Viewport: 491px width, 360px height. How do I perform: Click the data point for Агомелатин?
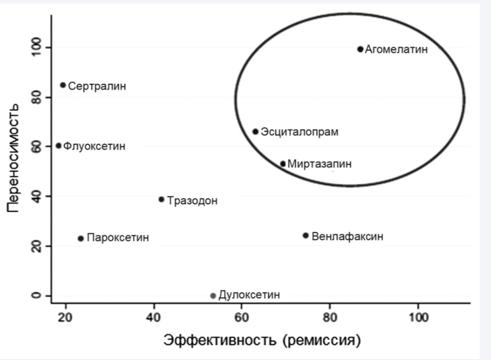[x=360, y=49]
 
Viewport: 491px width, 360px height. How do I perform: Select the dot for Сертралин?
[x=63, y=85]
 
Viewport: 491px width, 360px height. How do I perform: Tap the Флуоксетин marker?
[x=58, y=146]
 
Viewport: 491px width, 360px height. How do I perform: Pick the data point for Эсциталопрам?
[x=255, y=132]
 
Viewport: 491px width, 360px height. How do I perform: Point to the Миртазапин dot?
[x=283, y=164]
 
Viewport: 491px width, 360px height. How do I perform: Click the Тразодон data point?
[x=161, y=199]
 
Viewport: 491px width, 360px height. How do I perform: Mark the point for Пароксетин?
[x=81, y=238]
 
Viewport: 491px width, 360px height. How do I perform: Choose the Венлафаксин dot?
[x=306, y=236]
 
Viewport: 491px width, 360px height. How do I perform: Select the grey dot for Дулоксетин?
[x=212, y=295]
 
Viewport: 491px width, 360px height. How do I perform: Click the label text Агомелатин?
[x=396, y=50]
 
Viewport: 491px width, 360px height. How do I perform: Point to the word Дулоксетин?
[x=249, y=295]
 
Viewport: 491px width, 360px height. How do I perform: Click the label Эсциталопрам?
[x=299, y=132]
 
